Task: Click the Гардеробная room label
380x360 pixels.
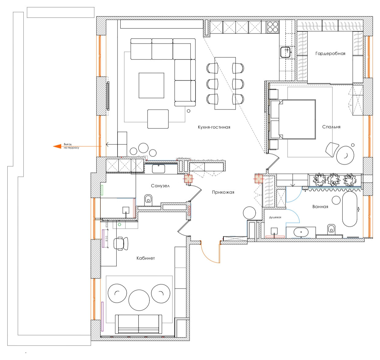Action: tap(330, 53)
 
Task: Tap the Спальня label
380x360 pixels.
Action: tap(331, 127)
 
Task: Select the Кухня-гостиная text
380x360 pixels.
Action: tap(214, 127)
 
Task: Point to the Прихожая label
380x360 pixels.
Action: tap(223, 192)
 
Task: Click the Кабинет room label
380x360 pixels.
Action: tap(145, 258)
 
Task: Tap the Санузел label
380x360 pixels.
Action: tap(160, 186)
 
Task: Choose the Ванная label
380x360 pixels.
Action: tap(320, 207)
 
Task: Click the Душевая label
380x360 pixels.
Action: tap(275, 217)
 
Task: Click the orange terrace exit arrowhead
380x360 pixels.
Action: tap(57, 146)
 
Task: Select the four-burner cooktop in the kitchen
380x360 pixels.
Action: tap(273, 27)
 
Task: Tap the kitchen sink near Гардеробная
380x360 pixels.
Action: tap(285, 52)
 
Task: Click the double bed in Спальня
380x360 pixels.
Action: tap(293, 119)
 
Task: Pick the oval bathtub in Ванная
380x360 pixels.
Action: tap(350, 209)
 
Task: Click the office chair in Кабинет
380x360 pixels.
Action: tap(121, 243)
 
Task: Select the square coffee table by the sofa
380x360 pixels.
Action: tap(151, 85)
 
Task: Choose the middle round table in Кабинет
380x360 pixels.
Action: tap(139, 300)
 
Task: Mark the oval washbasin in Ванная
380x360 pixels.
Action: tap(301, 232)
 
